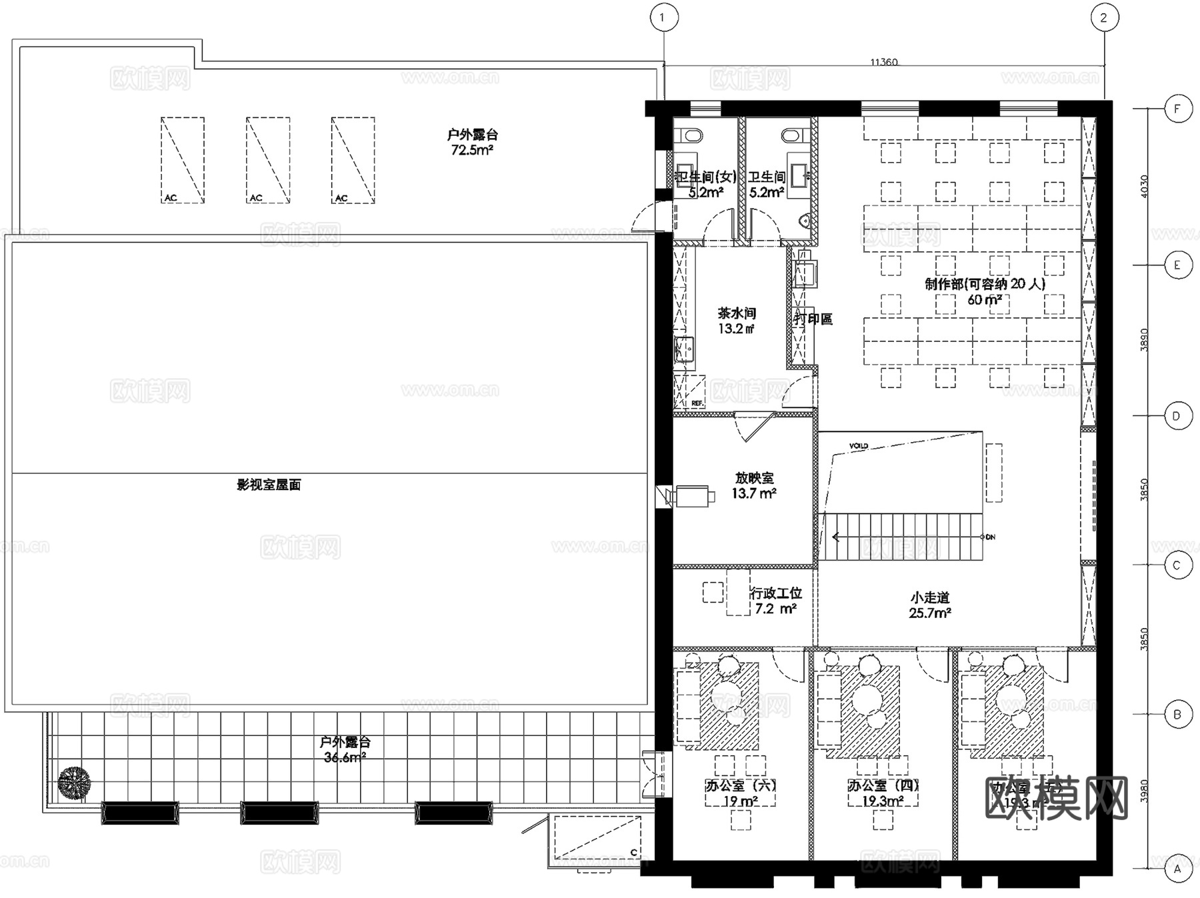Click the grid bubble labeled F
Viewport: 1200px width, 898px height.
point(1178,109)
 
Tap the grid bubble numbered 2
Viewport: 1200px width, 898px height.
point(1104,18)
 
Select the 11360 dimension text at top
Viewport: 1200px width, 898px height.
point(883,62)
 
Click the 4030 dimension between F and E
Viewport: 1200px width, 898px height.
point(1145,186)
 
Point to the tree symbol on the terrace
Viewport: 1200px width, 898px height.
point(74,782)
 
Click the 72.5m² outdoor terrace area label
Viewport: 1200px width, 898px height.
point(472,142)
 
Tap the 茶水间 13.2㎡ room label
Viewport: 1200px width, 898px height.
point(737,321)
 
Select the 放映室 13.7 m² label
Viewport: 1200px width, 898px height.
point(754,485)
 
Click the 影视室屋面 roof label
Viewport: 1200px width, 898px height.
point(269,485)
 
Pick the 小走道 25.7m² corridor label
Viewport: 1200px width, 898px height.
point(930,605)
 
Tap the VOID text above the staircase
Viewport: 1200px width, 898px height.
point(859,445)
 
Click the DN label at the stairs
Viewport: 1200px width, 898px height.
point(990,537)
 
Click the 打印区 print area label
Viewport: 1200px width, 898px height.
point(813,319)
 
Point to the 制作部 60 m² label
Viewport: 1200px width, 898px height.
point(985,291)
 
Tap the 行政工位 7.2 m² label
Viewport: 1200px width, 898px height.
point(775,601)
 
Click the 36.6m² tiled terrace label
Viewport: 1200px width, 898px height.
point(345,749)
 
